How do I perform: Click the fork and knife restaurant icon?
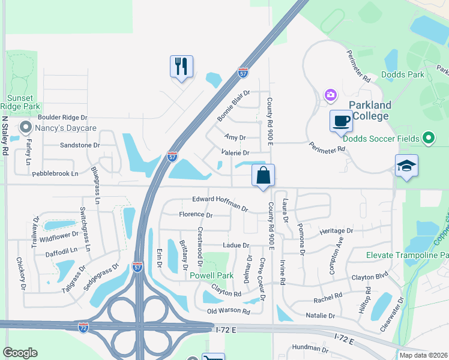[181, 65]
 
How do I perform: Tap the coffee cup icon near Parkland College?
[340, 121]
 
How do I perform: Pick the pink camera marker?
[330, 95]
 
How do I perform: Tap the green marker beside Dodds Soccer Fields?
[428, 139]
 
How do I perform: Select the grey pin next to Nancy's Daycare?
[25, 128]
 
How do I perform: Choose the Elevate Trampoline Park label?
[408, 255]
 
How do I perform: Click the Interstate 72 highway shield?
[83, 328]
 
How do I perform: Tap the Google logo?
[20, 353]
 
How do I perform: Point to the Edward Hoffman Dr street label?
[220, 203]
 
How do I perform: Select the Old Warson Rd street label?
[228, 311]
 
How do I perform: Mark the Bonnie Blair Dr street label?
[233, 105]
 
